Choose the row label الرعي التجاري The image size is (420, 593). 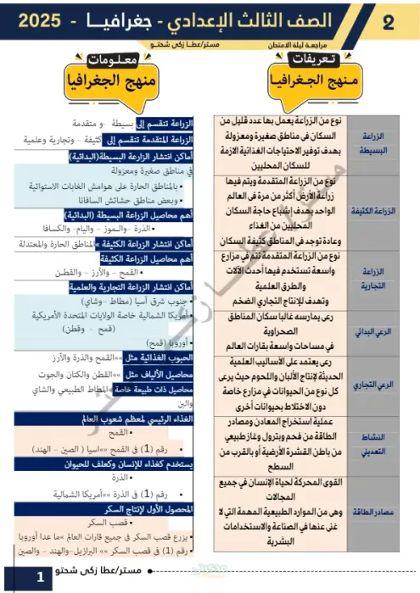[x=384, y=385]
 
